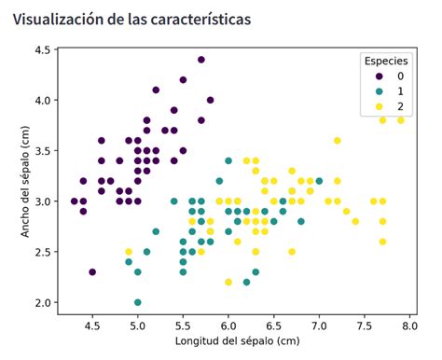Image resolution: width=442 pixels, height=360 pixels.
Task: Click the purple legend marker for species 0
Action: point(378,76)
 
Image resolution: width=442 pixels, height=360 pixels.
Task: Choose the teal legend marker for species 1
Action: point(378,92)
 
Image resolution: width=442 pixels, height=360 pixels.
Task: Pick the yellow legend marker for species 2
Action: point(378,108)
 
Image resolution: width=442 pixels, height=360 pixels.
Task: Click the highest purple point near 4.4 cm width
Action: point(200,60)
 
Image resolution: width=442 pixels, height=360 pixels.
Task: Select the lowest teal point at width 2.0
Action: point(138,302)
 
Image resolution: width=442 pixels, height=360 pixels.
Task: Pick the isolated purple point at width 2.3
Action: point(92,272)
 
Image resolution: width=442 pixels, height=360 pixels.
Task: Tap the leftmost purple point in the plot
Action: point(75,201)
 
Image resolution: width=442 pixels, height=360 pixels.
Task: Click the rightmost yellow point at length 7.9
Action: point(401,120)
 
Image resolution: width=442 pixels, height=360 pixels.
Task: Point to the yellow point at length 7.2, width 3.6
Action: point(338,141)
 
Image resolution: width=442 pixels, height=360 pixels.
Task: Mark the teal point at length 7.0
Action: point(319,181)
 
